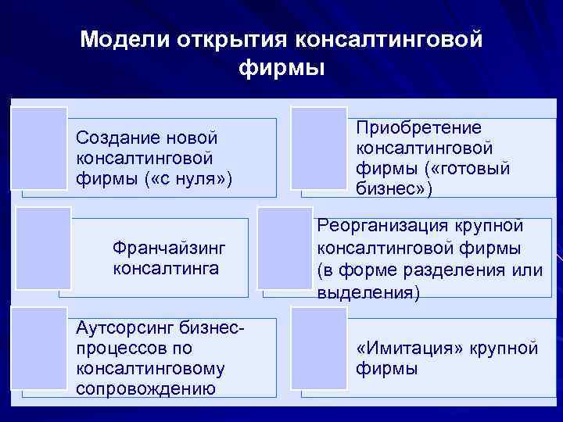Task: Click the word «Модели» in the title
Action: click(126, 39)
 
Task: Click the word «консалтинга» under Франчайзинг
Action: click(166, 269)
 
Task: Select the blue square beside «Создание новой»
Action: click(40, 148)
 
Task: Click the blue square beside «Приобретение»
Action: click(319, 148)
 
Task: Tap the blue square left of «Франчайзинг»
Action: click(44, 249)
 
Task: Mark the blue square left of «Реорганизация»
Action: click(285, 249)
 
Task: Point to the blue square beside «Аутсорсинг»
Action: click(40, 349)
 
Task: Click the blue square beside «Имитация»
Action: click(319, 349)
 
